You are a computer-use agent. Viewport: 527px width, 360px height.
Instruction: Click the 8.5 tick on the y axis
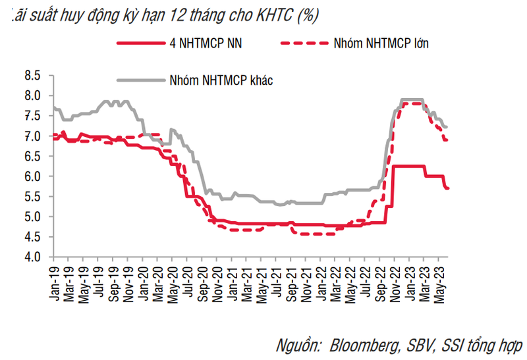pos(32,75)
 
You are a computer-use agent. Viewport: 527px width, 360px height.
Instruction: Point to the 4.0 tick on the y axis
pos(32,257)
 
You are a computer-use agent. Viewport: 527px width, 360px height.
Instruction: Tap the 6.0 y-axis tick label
pos(32,176)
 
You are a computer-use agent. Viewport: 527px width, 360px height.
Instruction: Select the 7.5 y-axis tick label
pos(32,116)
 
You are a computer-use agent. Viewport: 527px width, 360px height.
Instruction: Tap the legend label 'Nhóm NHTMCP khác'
pos(221,80)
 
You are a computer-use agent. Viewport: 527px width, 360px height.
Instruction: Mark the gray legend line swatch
pos(140,80)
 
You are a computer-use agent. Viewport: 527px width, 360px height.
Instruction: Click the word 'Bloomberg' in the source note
pos(360,344)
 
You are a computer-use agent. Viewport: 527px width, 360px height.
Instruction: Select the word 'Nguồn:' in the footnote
pos(297,344)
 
